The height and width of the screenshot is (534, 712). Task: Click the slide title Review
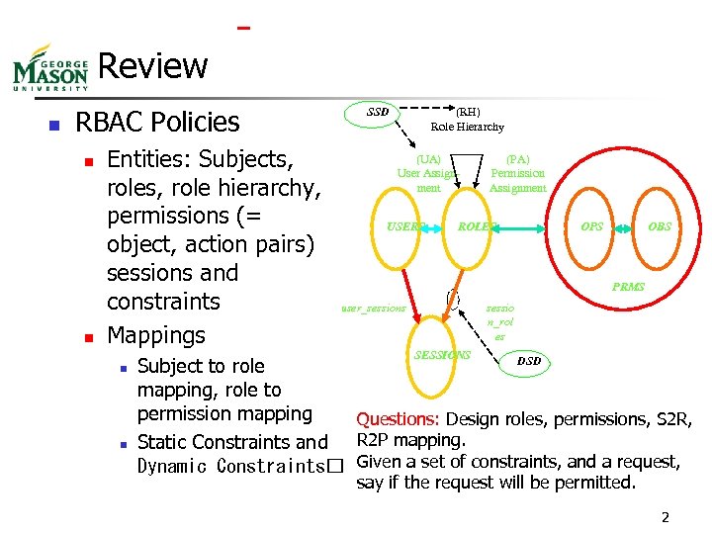coord(153,66)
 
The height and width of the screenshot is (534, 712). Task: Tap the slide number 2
coord(666,517)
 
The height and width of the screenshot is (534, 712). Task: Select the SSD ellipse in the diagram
coord(378,112)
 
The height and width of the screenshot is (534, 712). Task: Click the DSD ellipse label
coord(529,361)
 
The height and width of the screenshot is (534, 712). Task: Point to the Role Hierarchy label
coord(467,127)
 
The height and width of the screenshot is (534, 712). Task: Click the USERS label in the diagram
coord(404,226)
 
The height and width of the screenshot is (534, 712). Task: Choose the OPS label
coord(592,226)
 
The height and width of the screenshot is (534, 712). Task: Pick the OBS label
coord(660,226)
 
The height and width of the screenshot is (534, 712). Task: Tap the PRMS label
coord(628,287)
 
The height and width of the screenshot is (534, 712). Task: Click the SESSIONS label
coord(442,354)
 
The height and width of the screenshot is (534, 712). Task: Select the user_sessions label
coord(373,308)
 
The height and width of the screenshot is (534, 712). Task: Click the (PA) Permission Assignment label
coord(517,173)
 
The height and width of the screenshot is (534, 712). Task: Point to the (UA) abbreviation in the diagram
coord(428,158)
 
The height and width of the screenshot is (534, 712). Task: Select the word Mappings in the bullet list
coord(155,334)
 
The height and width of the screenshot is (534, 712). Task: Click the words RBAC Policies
coord(157,123)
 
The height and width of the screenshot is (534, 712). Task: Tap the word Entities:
coord(149,159)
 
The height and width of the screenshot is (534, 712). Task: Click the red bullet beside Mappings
coord(87,336)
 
